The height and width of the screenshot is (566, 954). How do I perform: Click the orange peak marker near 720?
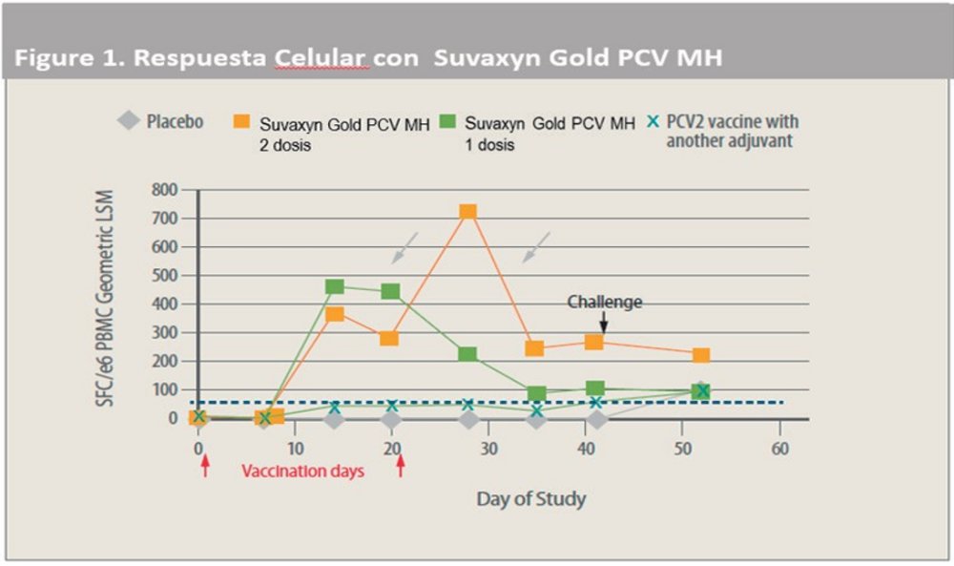click(x=467, y=212)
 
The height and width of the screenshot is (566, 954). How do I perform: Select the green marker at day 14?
click(x=334, y=286)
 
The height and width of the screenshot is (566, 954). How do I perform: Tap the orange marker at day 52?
click(x=701, y=355)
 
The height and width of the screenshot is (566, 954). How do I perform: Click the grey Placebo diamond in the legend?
click(x=127, y=122)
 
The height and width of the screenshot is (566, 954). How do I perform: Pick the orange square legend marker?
click(x=242, y=122)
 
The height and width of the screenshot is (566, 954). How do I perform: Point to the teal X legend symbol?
click(x=653, y=122)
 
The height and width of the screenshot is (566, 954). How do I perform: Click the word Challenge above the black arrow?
click(x=605, y=302)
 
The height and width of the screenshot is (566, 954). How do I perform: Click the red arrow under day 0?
click(x=204, y=466)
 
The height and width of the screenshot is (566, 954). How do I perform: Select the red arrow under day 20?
click(x=401, y=466)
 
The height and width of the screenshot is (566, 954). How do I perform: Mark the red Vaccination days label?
click(x=302, y=471)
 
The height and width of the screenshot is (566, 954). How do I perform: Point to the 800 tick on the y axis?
click(x=164, y=189)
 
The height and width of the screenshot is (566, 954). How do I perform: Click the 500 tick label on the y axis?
click(x=164, y=275)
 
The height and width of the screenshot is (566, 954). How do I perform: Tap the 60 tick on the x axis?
click(x=779, y=449)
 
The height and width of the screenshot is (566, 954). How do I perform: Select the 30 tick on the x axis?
click(x=488, y=449)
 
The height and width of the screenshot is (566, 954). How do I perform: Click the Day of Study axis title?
click(x=530, y=499)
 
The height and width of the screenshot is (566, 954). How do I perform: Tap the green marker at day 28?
click(x=467, y=354)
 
